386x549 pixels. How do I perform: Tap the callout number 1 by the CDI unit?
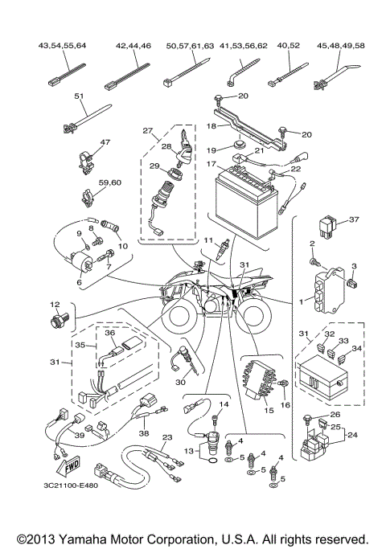click(302, 300)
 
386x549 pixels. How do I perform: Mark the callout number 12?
click(55, 305)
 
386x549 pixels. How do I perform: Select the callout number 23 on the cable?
click(166, 438)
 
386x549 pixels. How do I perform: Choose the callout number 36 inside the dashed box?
click(111, 334)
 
